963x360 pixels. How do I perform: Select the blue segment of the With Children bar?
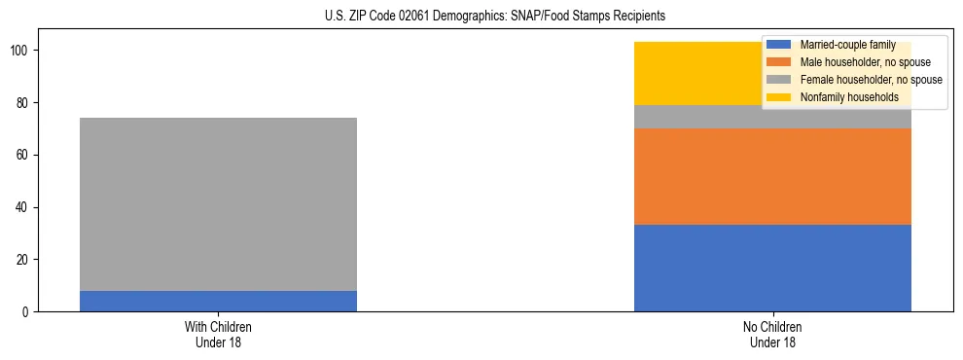coord(218,301)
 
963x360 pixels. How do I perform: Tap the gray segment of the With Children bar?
coord(218,204)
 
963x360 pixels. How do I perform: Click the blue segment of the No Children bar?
coord(772,269)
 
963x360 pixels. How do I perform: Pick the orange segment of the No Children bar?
coord(772,176)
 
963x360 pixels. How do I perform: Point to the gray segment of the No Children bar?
coord(700,117)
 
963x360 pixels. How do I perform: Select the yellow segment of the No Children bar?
coord(695,73)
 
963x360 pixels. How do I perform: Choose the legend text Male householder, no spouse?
coord(858,62)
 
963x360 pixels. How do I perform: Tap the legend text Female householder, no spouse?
coord(871,80)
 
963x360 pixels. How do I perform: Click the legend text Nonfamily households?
coord(849,97)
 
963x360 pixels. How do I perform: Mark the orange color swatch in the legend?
coord(779,62)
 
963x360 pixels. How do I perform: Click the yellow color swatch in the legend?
coord(779,97)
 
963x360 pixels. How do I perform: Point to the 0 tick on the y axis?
coord(26,312)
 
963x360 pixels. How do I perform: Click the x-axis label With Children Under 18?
coord(218,334)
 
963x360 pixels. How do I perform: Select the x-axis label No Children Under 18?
coord(772,334)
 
